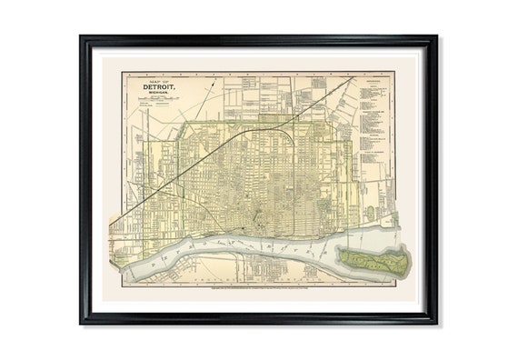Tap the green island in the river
click(373, 260)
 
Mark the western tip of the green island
click(337, 252)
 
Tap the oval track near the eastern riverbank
click(369, 215)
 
